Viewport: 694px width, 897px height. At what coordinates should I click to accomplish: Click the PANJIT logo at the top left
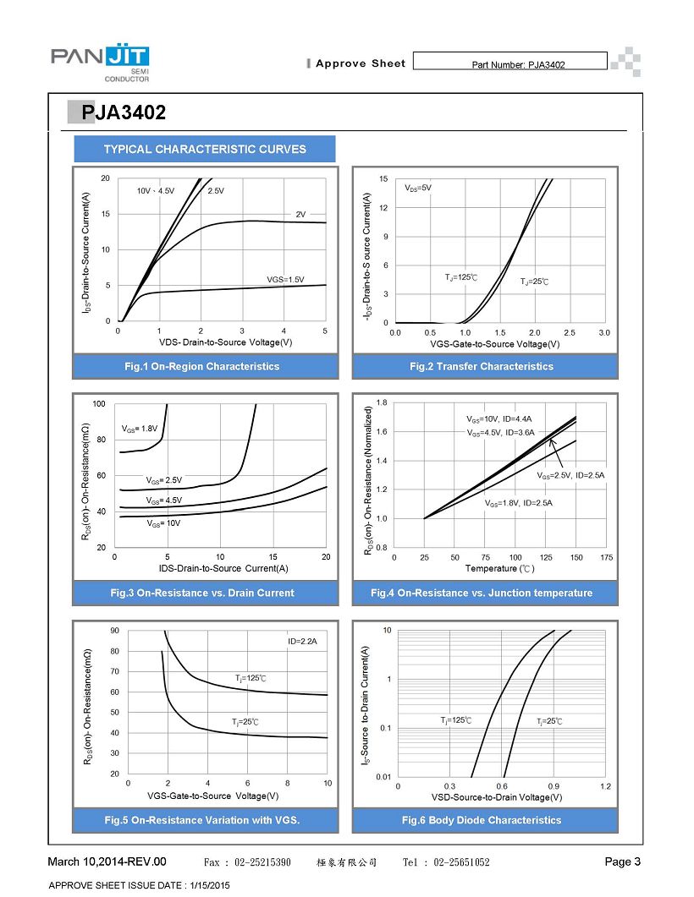(x=101, y=63)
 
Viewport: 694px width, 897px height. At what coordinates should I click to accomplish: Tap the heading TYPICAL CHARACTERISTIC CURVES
(x=205, y=150)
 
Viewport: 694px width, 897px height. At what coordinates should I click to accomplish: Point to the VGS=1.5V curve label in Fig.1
(x=285, y=279)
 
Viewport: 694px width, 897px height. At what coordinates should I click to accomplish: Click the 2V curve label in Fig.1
(x=300, y=214)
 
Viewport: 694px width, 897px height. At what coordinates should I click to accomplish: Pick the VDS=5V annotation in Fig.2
(x=418, y=187)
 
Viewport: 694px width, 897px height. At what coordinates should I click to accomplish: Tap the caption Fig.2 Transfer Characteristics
(x=482, y=366)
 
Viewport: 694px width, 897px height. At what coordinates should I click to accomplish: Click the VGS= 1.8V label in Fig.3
(x=140, y=429)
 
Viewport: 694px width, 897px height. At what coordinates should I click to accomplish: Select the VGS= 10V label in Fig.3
(x=164, y=523)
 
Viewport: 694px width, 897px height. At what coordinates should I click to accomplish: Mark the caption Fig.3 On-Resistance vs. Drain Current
(x=202, y=593)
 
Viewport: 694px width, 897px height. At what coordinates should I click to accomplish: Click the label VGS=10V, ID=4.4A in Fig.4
(x=499, y=418)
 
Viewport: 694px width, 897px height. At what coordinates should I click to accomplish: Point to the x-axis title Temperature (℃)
(x=499, y=569)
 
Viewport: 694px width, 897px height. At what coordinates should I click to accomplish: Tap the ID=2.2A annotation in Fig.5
(x=302, y=642)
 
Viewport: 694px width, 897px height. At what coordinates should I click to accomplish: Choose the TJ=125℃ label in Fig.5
(x=251, y=678)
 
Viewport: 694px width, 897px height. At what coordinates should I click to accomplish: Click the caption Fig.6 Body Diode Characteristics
(x=482, y=820)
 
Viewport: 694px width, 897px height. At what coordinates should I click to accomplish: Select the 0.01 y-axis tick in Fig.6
(x=383, y=776)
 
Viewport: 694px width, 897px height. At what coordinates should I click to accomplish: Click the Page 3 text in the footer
(x=623, y=861)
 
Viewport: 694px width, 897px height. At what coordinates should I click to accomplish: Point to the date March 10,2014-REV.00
(x=107, y=861)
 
